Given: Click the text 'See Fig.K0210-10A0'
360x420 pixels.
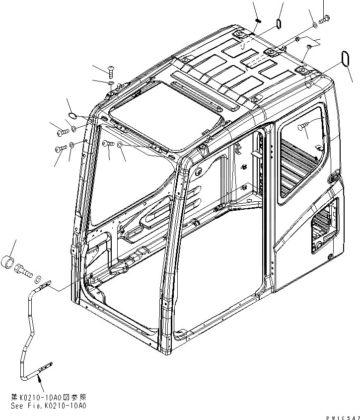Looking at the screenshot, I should (48, 405).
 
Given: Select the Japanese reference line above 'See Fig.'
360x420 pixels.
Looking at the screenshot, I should (48, 398).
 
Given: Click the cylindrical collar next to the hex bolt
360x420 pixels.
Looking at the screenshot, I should (11, 261).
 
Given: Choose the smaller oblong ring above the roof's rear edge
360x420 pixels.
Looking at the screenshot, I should (279, 24).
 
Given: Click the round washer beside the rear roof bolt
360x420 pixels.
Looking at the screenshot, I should (315, 24).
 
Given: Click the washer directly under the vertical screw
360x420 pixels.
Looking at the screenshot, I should (111, 83).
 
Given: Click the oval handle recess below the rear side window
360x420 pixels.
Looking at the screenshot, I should (333, 177).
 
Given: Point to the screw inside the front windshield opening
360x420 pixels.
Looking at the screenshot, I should (107, 144).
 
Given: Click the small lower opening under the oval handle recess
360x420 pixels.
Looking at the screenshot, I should (324, 223).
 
